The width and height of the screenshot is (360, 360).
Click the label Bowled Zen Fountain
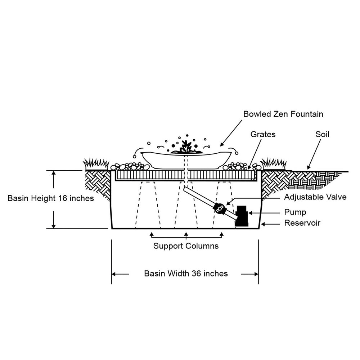tap(283, 114)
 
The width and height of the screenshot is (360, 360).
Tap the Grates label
tap(263, 134)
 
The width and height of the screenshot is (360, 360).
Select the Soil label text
tap(322, 134)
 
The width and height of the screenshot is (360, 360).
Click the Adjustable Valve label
tap(315, 197)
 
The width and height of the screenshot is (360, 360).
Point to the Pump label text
tap(295, 212)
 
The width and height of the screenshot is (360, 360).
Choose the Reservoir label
tap(302, 223)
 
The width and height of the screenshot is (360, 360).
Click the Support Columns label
tap(186, 246)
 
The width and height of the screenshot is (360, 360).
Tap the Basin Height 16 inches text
tap(51, 198)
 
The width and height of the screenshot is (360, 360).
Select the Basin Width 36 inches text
tap(186, 274)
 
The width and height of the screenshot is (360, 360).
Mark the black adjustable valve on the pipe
tap(219, 208)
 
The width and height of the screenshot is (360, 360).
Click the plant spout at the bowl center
tap(186, 147)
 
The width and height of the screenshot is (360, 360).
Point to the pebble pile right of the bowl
tap(238, 167)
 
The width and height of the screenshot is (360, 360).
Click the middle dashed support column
tap(186, 205)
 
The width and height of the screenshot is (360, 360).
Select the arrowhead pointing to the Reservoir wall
tap(263, 224)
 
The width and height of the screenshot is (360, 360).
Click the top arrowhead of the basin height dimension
tap(54, 173)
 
